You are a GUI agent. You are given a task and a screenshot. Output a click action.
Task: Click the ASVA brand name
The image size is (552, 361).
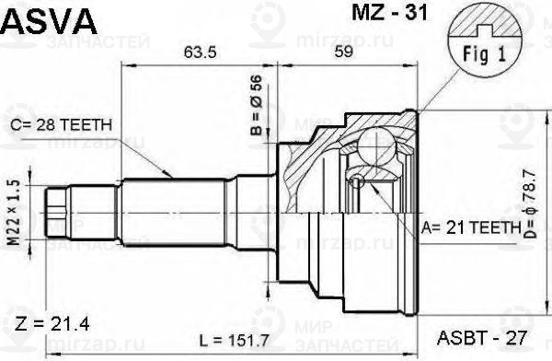click(x=49, y=21)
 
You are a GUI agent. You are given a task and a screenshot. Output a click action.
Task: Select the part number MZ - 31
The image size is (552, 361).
click(x=389, y=13)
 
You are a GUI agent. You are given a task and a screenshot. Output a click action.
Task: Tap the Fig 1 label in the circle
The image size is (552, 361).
click(x=484, y=54)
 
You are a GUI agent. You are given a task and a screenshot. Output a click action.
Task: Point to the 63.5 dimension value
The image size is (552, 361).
click(x=200, y=52)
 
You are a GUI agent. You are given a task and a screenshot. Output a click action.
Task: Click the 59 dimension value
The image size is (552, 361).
click(x=343, y=52)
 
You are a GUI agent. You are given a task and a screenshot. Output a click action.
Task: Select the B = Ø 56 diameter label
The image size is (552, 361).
click(x=257, y=105)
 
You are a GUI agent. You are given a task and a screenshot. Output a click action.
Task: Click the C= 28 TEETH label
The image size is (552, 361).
click(x=61, y=125)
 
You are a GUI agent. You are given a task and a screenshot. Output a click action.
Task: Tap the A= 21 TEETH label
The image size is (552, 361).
click(x=471, y=227)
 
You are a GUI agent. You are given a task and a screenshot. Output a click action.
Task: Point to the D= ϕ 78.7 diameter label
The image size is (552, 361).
click(x=530, y=204)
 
